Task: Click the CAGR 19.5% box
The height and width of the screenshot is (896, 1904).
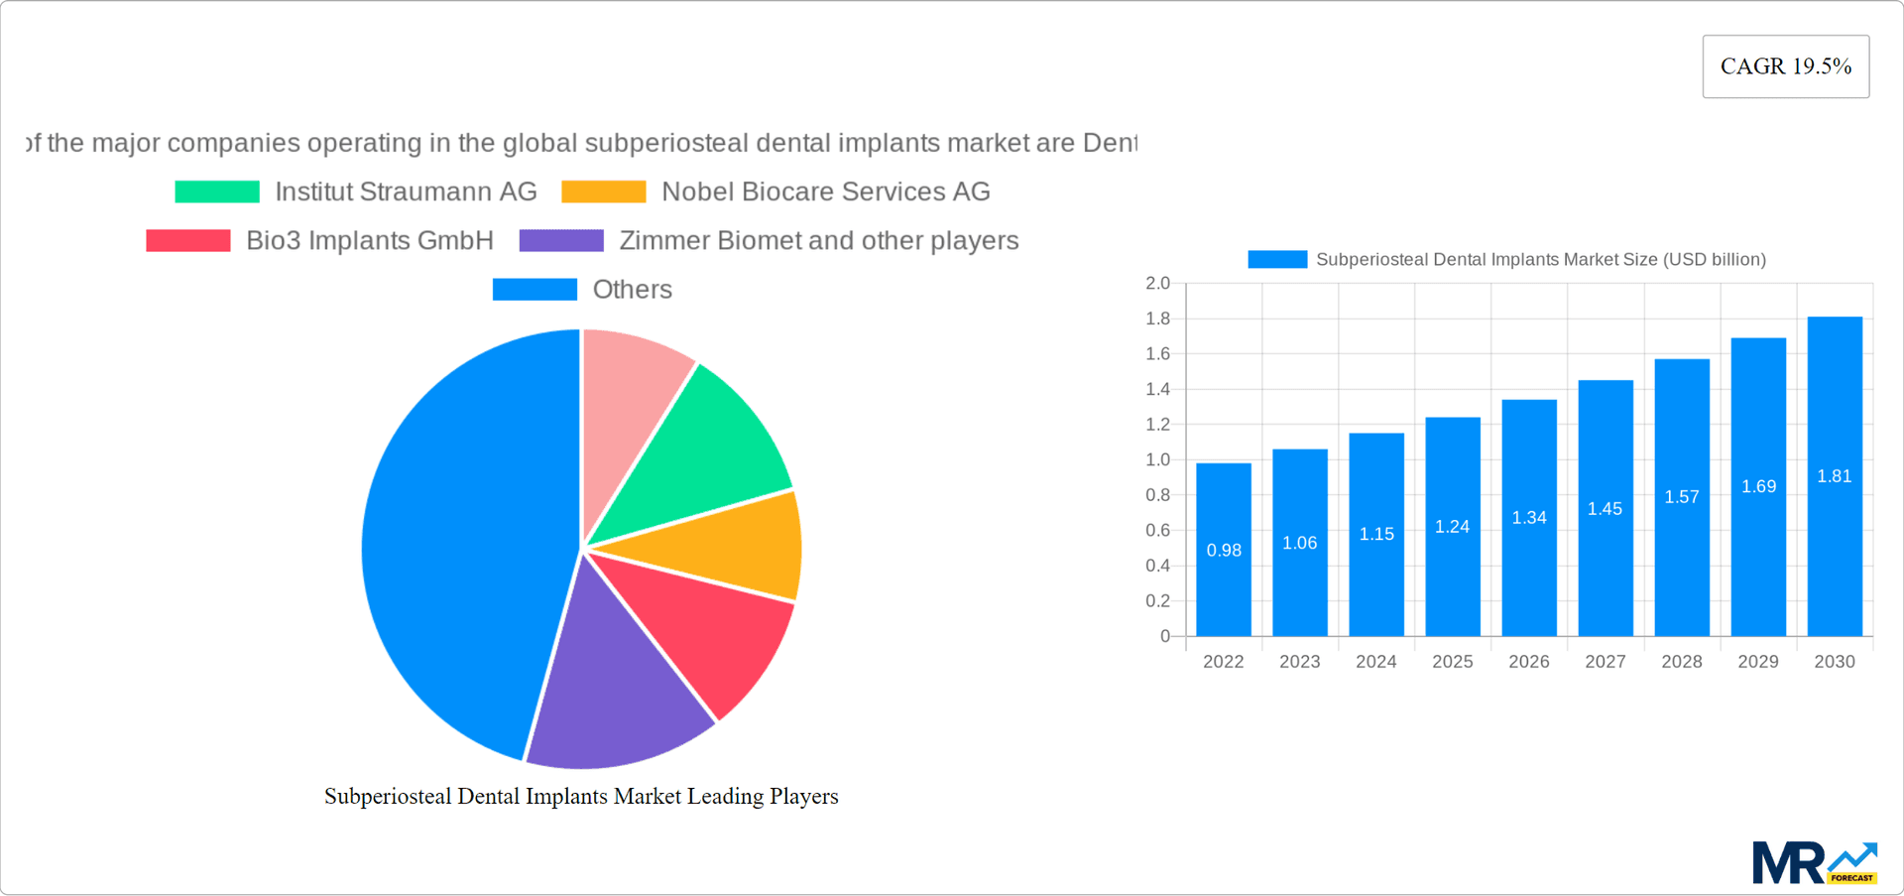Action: click(1785, 66)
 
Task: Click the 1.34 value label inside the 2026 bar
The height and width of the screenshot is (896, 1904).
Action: click(1529, 518)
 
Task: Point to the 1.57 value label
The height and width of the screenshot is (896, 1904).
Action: click(1682, 497)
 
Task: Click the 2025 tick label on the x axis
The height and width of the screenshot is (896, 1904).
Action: click(1452, 662)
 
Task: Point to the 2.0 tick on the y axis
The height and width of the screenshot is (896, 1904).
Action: click(1157, 284)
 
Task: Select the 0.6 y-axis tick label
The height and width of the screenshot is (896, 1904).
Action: click(1157, 531)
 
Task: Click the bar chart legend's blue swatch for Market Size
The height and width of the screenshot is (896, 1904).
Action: click(1277, 260)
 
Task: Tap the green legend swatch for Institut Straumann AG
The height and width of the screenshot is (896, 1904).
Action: click(217, 192)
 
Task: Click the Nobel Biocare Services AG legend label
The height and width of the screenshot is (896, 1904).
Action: click(825, 192)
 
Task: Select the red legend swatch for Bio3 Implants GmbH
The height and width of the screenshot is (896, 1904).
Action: click(188, 240)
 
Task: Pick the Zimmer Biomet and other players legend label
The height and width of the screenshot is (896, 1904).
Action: click(818, 240)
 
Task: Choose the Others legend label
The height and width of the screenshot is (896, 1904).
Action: click(632, 290)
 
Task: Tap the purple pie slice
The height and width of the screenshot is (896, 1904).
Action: click(615, 685)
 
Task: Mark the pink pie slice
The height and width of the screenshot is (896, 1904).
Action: click(630, 397)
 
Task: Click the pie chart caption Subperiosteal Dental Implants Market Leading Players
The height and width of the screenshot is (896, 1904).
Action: click(581, 797)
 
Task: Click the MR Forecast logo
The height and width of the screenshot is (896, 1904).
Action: click(1814, 862)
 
